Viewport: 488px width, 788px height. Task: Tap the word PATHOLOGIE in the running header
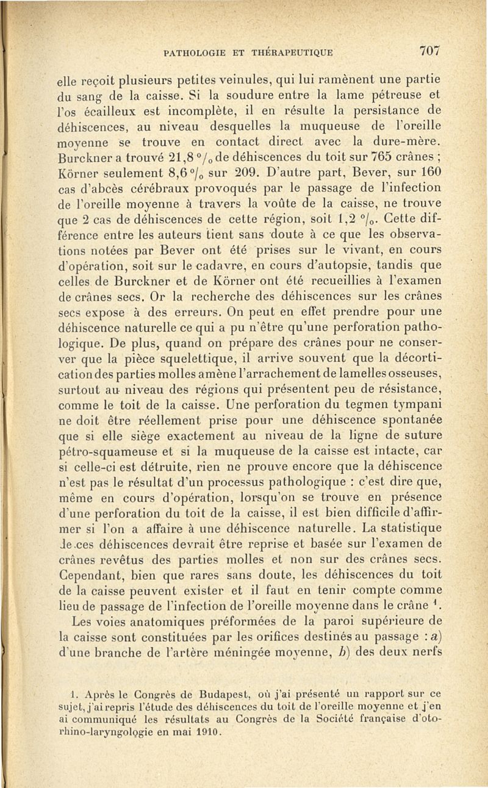tap(195, 53)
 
